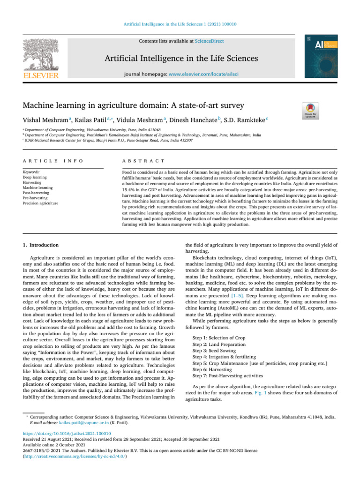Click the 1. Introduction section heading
(x=40, y=245)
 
